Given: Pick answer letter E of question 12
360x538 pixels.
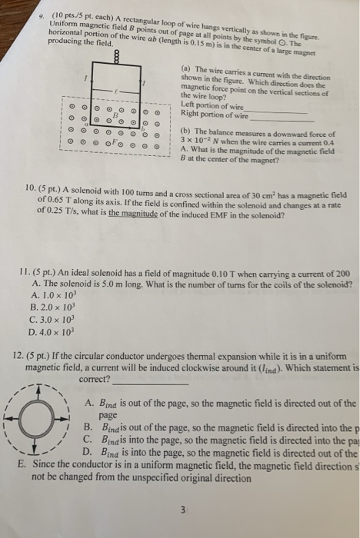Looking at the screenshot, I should [x=20, y=466].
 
